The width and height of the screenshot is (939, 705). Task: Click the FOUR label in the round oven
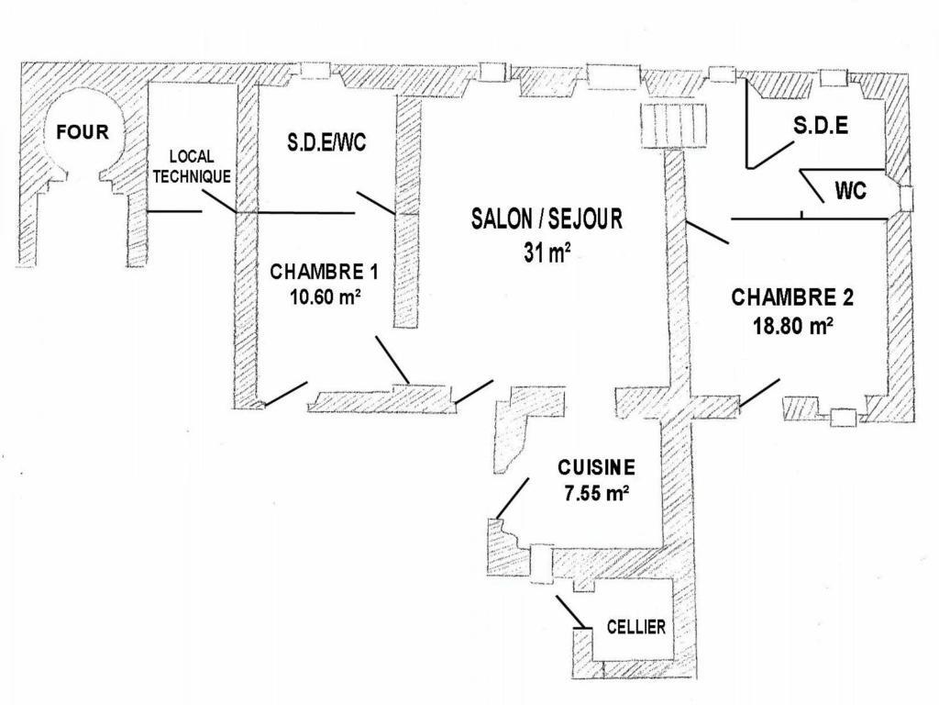click(83, 131)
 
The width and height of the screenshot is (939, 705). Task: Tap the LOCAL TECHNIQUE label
click(192, 167)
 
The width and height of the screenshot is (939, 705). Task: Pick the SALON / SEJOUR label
click(547, 218)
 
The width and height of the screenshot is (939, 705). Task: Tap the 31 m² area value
click(547, 252)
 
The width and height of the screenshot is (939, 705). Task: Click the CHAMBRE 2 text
click(792, 297)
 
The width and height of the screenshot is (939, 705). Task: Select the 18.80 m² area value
click(793, 325)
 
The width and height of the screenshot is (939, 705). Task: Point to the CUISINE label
click(596, 467)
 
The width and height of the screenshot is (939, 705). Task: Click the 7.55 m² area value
click(596, 493)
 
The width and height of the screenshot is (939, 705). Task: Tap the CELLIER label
click(636, 628)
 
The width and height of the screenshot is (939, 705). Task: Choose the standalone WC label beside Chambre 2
click(850, 192)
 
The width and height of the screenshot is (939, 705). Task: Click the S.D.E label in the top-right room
click(821, 126)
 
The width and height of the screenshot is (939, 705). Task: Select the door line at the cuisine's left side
click(513, 497)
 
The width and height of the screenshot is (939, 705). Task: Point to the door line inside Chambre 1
click(392, 360)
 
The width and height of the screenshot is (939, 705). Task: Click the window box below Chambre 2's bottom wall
click(844, 417)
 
